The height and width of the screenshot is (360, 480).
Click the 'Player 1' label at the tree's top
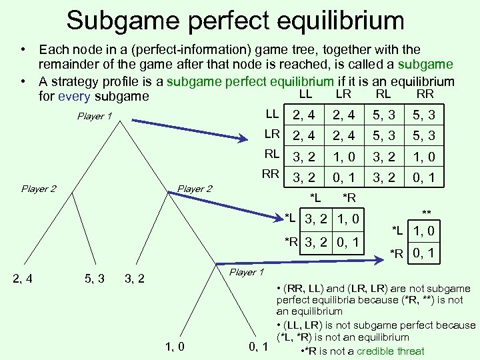click(94, 116)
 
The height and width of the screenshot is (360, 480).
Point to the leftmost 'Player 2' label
click(38, 189)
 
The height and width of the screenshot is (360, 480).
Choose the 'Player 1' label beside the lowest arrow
click(247, 272)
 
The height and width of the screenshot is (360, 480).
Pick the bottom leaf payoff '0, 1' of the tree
click(258, 346)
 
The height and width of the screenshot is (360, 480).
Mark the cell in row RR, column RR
click(423, 179)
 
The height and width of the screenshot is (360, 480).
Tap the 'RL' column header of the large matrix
click(383, 95)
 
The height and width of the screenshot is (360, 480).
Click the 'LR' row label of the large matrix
click(271, 135)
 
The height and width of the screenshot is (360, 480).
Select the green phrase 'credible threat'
click(390, 351)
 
